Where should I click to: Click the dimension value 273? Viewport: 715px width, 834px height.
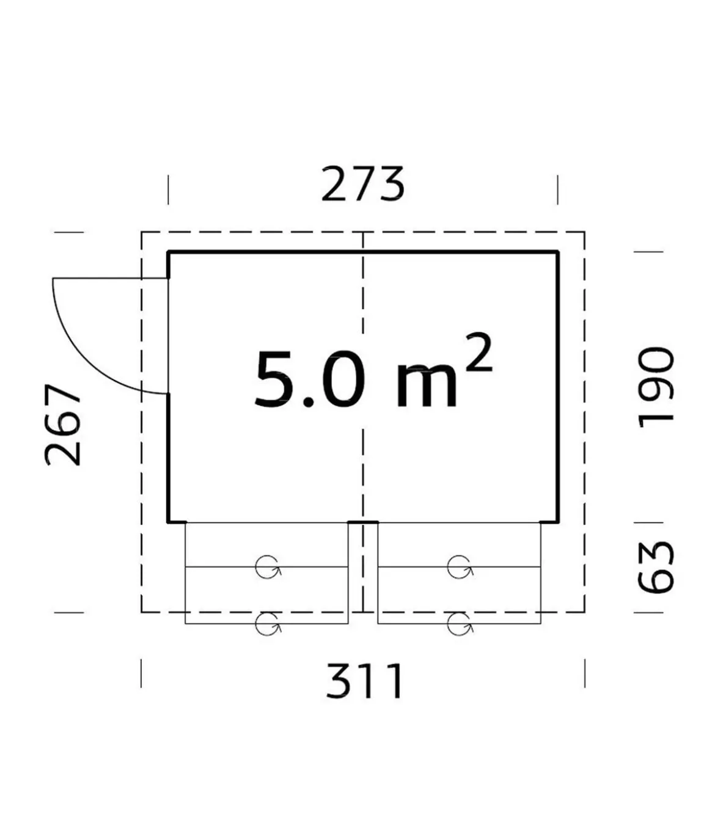click(362, 185)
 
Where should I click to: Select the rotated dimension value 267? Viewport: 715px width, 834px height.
click(63, 425)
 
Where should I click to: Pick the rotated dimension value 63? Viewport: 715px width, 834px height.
click(655, 567)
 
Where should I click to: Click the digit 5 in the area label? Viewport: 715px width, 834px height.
click(275, 379)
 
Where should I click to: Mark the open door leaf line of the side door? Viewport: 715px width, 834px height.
click(110, 279)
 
